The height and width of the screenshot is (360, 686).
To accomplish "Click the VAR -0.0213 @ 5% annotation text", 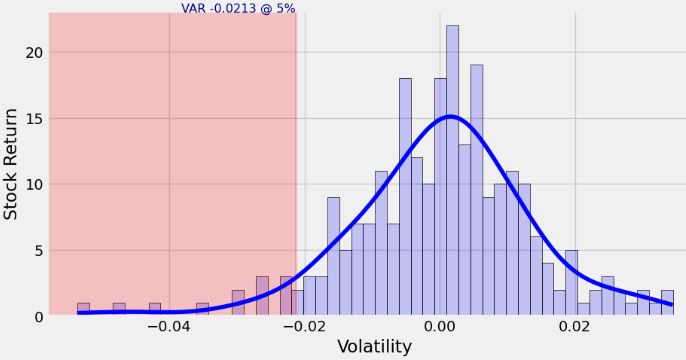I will tap(238, 8).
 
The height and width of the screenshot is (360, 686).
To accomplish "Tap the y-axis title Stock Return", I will tap(11, 164).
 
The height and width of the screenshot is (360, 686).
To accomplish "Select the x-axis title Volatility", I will tap(374, 347).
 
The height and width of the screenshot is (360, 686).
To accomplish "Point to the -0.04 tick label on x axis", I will tap(168, 326).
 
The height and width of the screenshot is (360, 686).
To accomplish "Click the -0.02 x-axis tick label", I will tap(304, 326).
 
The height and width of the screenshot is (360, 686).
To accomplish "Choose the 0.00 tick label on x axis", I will tap(440, 326).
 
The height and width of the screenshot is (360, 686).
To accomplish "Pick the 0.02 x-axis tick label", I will tap(575, 326).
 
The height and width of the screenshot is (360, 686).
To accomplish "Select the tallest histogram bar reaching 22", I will tap(452, 170).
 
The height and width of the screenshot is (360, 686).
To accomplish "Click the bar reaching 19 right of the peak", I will tap(476, 190).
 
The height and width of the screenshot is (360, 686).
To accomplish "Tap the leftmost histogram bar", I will tap(83, 310).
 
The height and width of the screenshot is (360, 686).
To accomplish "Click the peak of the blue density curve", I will tap(450, 116).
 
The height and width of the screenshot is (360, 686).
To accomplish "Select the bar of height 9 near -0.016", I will tap(333, 257).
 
